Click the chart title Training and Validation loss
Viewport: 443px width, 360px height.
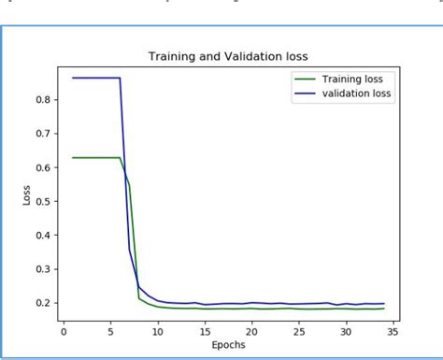pyautogui.click(x=229, y=56)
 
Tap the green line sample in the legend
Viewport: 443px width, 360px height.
pyautogui.click(x=305, y=79)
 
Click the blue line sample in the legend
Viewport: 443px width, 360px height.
pyautogui.click(x=305, y=94)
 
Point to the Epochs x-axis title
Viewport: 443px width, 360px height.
pyautogui.click(x=229, y=345)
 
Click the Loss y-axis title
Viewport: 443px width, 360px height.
pyautogui.click(x=28, y=195)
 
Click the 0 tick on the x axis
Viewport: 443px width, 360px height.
pyautogui.click(x=64, y=329)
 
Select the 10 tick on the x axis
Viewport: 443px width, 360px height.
pyautogui.click(x=158, y=329)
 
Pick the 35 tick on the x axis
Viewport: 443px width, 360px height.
pyautogui.click(x=393, y=329)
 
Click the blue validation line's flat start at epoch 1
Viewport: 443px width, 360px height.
pyautogui.click(x=74, y=78)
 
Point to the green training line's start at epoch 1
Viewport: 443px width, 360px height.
pyautogui.click(x=74, y=157)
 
